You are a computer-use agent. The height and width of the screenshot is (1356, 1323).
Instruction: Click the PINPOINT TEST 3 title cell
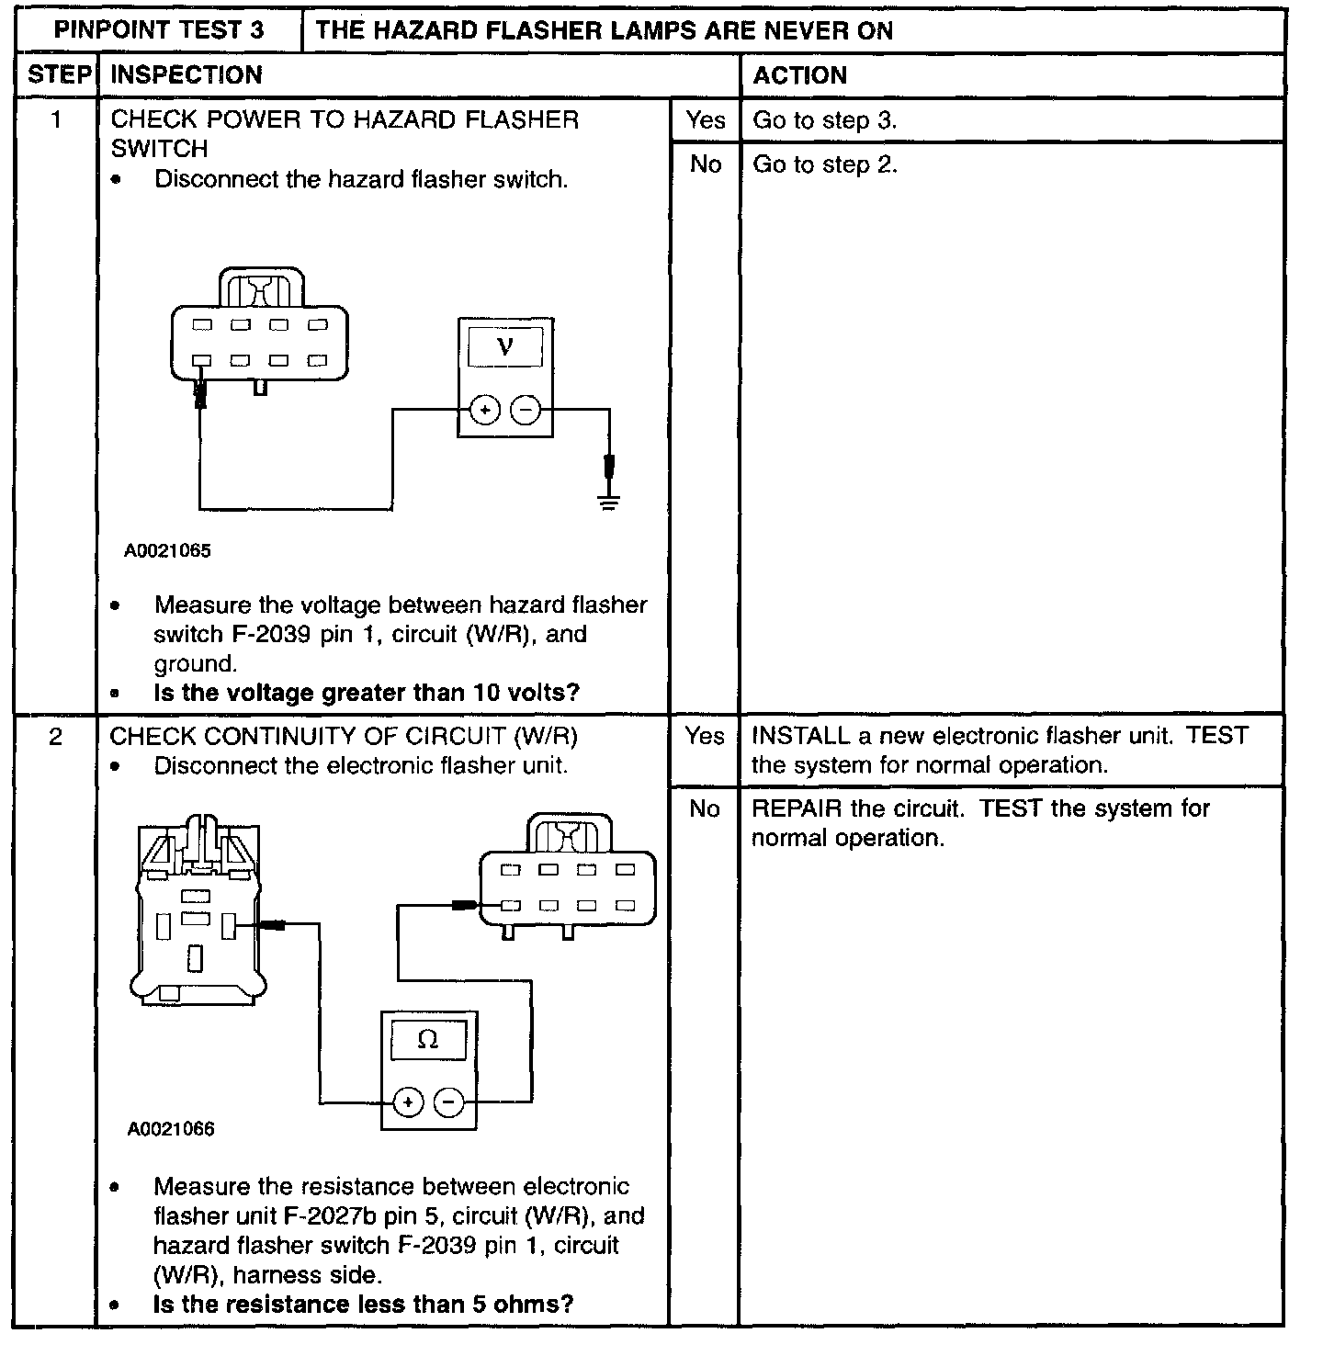159,30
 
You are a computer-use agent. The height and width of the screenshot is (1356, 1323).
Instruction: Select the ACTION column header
799,75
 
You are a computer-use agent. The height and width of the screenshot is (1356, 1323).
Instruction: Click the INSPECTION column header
187,75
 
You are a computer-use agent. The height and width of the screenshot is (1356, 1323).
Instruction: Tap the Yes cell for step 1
705,120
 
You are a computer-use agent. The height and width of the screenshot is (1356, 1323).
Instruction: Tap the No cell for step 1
705,164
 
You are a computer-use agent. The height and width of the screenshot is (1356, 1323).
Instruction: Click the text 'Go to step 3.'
824,120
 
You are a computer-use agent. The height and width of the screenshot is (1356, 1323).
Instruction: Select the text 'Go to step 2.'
824,164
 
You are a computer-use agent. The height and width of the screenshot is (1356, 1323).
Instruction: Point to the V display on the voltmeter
505,346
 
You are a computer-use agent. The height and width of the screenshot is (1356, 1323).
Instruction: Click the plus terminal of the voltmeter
484,411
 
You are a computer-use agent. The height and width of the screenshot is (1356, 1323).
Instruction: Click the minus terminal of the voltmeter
526,411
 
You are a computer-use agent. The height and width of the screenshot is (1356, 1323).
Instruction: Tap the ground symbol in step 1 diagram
607,502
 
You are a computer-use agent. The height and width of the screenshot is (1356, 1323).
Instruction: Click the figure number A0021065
168,551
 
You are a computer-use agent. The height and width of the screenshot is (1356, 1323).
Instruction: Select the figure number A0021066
171,1129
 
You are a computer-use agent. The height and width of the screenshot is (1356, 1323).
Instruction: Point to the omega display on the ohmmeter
428,1040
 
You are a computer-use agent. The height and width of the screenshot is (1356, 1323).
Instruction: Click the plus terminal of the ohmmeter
408,1102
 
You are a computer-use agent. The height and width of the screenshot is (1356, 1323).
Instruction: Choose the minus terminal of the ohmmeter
449,1102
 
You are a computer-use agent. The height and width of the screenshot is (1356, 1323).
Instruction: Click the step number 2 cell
56,737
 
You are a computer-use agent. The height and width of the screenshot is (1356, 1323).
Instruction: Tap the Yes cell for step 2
705,737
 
